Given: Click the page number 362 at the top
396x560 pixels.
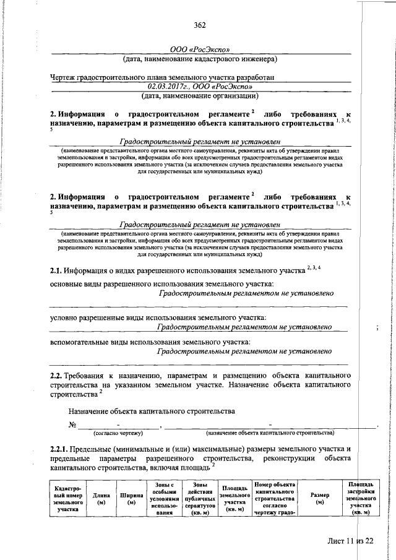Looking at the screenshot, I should (x=199, y=25).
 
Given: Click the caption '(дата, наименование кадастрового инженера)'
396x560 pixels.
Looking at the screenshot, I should (x=199, y=59).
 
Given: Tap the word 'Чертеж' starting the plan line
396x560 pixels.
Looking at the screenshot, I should (x=64, y=78).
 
